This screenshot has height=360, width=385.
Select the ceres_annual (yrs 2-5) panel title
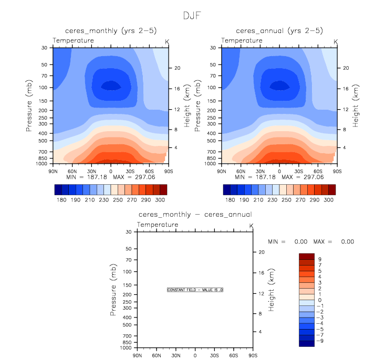(x=279, y=31)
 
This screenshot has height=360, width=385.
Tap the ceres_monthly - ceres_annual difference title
(x=195, y=215)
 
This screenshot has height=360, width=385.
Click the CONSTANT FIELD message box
(x=195, y=290)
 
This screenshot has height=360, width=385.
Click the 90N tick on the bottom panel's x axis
(x=138, y=355)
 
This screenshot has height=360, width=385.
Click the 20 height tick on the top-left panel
(x=178, y=68)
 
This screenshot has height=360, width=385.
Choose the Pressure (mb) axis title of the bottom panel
(x=113, y=290)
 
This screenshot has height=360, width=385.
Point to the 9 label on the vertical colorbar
(x=319, y=259)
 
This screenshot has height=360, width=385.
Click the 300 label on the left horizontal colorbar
(x=161, y=200)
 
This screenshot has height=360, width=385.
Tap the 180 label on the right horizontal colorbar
(x=229, y=200)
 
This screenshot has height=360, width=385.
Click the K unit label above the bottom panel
(x=251, y=226)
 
